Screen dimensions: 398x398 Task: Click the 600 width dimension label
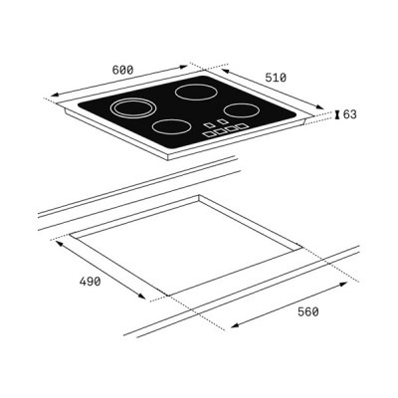[122, 71]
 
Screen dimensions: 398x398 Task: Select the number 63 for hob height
[349, 114]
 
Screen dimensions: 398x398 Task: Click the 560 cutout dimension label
[307, 311]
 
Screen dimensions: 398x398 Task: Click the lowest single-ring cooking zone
[171, 127]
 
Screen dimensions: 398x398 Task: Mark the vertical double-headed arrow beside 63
[336, 114]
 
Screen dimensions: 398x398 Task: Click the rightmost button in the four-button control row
[240, 127]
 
